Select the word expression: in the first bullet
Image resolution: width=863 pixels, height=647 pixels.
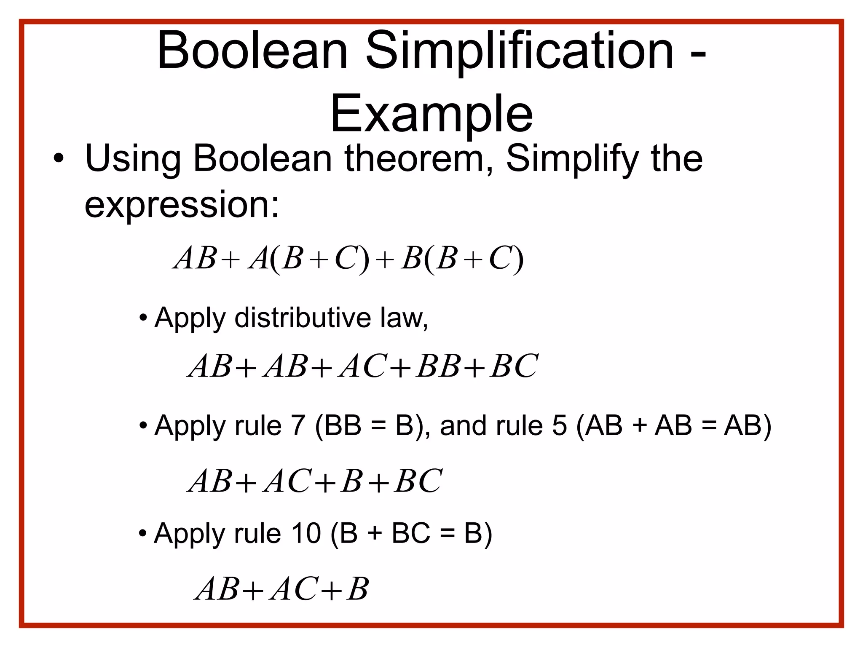[x=182, y=205]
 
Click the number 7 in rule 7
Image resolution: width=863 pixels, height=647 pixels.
[x=298, y=425]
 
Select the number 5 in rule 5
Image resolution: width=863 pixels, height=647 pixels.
[x=560, y=425]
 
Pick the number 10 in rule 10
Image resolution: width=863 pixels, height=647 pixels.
[x=306, y=533]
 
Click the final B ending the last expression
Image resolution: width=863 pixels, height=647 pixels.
[x=358, y=589]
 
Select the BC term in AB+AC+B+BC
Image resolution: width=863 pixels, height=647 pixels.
[x=418, y=481]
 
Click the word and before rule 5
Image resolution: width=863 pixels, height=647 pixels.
[x=464, y=425]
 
